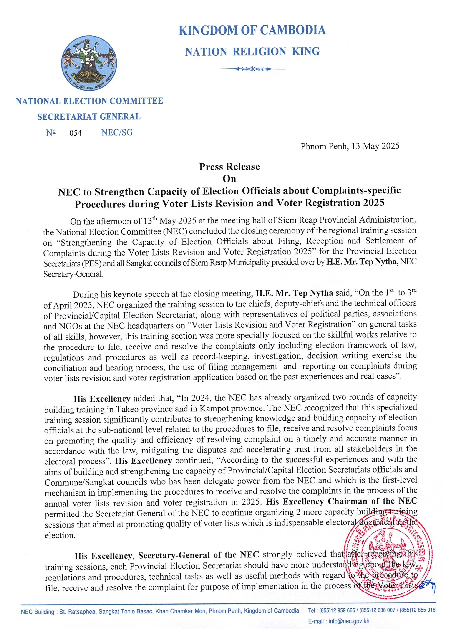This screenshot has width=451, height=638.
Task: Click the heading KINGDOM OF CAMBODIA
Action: click(252, 30)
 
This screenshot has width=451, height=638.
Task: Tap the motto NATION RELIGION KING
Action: click(252, 52)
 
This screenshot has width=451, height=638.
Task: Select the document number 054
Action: click(76, 133)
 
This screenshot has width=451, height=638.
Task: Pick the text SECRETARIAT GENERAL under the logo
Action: click(89, 117)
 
